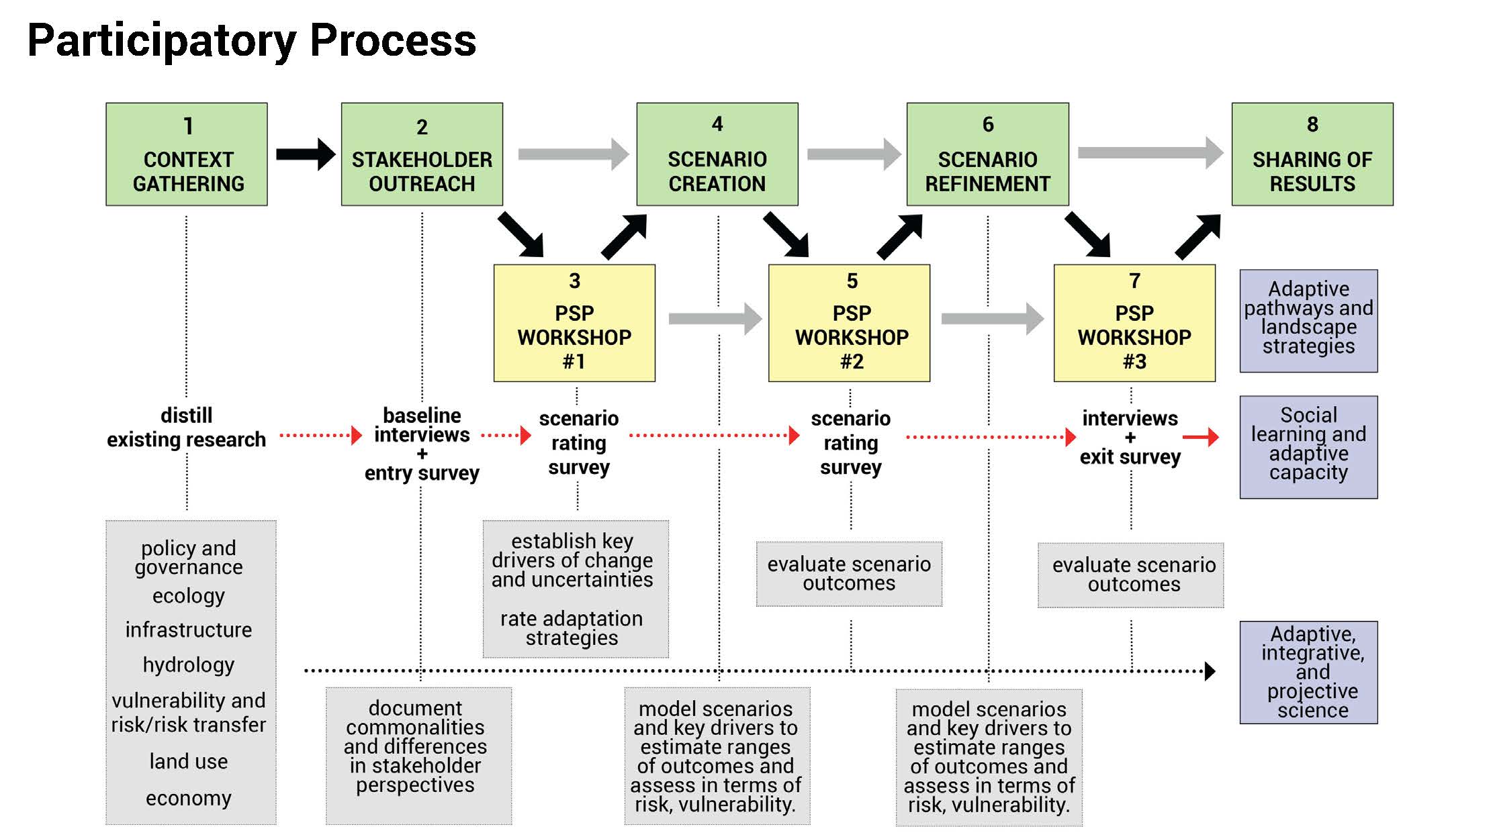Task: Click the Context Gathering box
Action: point(187,154)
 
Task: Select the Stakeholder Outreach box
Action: point(422,154)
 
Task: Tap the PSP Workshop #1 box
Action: point(574,323)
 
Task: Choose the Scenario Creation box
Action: point(717,154)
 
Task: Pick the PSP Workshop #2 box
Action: point(849,323)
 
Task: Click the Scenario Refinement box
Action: point(987,154)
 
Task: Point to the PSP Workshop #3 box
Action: point(1134,323)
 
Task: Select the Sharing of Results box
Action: point(1312,154)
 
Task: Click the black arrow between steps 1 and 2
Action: point(306,154)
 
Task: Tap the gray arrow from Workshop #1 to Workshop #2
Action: point(715,318)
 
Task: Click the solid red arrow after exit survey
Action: point(1201,437)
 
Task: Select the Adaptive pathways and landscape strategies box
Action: point(1308,321)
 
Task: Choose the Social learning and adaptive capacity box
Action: point(1308,447)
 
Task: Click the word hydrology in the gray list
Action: point(189,665)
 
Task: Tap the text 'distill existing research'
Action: point(187,427)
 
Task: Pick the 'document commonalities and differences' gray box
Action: point(418,756)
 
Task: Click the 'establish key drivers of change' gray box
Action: point(576,589)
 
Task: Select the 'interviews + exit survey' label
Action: point(1130,438)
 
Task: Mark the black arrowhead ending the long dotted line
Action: point(1210,671)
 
